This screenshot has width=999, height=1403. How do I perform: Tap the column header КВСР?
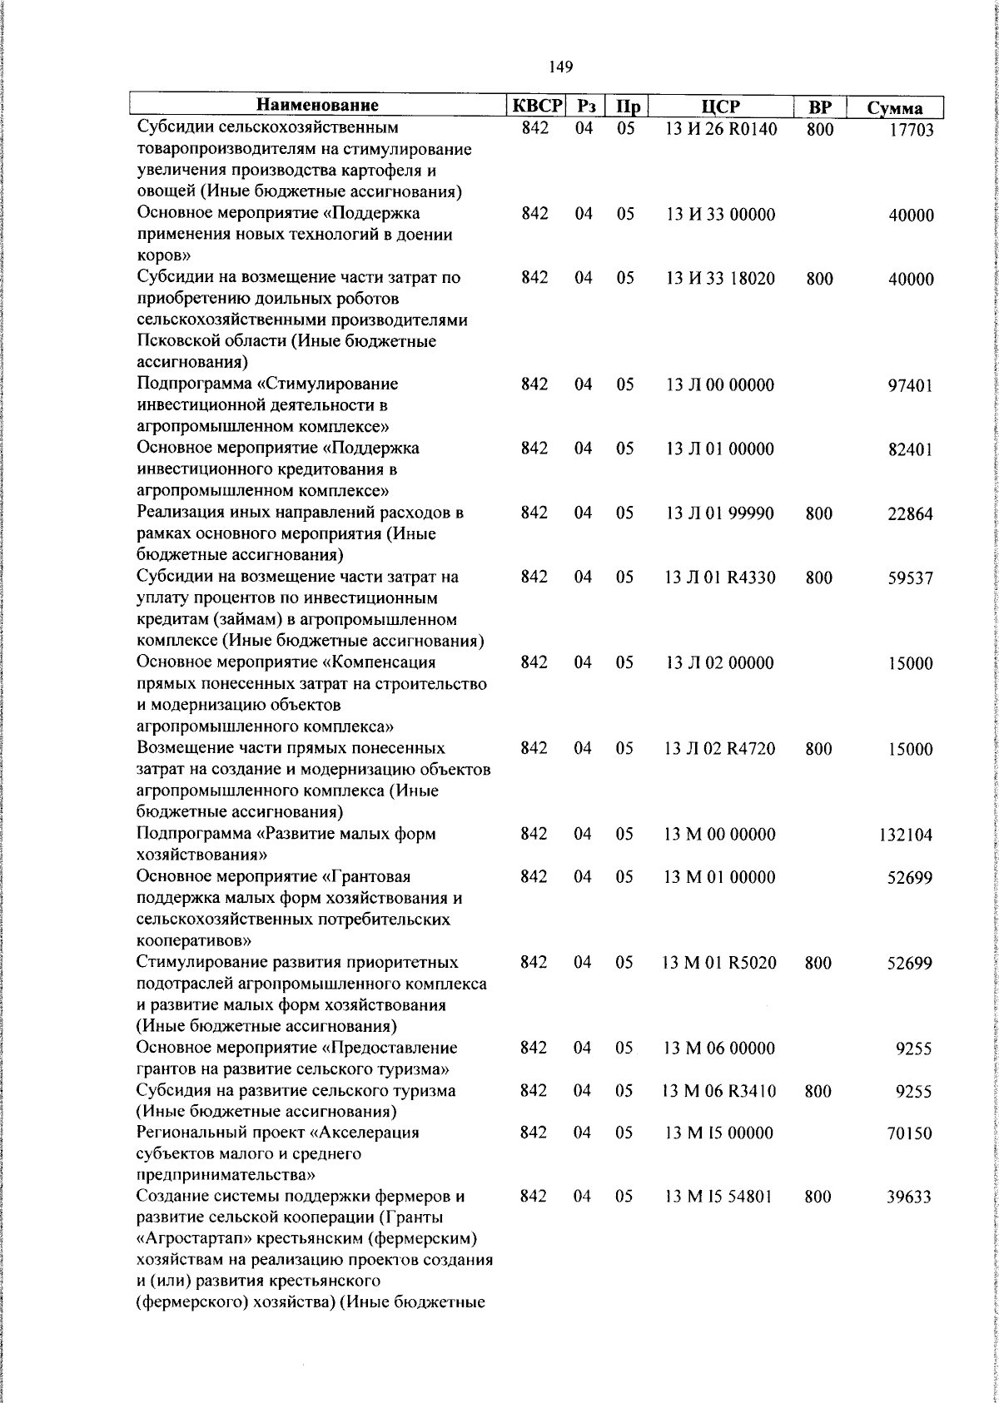point(537,106)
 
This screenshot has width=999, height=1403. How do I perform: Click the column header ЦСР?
point(721,106)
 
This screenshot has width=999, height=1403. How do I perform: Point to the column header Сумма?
point(894,107)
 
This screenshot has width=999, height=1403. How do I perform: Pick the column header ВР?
point(819,106)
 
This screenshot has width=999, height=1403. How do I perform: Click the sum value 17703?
point(907,130)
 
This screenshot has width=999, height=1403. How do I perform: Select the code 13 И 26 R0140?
point(720,128)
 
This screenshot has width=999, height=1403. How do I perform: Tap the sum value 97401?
point(907,386)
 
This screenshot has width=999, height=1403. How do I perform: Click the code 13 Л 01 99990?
point(720,513)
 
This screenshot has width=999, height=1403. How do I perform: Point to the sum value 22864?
point(907,514)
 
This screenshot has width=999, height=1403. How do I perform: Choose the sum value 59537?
point(907,578)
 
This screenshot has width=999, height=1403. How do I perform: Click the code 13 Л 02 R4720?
point(720,749)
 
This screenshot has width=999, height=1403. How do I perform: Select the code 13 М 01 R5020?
point(720,963)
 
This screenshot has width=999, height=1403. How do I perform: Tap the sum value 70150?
point(907,1133)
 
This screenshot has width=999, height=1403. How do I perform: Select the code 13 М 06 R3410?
point(720,1091)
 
